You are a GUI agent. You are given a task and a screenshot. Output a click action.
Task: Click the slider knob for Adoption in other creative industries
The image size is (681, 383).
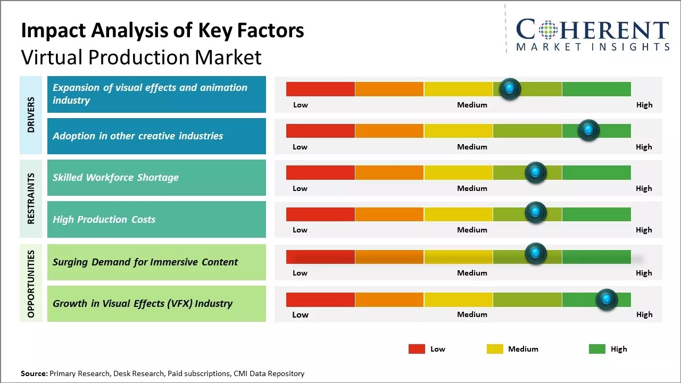(588, 130)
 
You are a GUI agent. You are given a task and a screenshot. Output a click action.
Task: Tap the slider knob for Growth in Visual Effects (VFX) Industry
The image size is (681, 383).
(606, 299)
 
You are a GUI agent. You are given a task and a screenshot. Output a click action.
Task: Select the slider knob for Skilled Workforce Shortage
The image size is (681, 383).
(536, 172)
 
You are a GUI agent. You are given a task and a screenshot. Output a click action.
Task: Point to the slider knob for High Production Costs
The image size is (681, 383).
(536, 213)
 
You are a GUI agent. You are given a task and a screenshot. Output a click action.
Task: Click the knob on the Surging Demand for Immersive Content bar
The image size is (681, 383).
(536, 254)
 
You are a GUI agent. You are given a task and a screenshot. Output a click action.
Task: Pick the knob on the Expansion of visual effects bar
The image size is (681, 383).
(510, 89)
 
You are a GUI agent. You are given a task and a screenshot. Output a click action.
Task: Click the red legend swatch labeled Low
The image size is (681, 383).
(417, 349)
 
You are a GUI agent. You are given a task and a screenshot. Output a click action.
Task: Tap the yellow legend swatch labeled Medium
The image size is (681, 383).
(495, 349)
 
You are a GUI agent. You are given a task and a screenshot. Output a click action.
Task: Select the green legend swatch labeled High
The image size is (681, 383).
(597, 349)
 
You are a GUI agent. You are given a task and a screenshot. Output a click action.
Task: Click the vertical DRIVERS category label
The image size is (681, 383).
(31, 115)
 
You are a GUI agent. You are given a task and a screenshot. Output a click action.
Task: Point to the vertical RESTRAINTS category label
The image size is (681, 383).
(31, 198)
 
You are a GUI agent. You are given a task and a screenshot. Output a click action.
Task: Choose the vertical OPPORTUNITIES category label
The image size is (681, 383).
(31, 284)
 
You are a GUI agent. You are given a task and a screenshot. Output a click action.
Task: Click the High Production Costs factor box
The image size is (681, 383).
(156, 219)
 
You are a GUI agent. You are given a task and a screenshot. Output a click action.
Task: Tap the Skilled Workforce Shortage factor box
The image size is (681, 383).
(156, 178)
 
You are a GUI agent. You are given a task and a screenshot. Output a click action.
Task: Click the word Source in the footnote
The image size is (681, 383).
(34, 373)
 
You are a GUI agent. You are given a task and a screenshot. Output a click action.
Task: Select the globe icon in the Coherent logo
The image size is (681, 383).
(548, 30)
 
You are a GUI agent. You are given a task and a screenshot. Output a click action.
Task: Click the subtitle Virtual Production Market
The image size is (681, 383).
(141, 57)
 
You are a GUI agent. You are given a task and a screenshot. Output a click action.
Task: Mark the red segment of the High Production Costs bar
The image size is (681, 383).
(320, 214)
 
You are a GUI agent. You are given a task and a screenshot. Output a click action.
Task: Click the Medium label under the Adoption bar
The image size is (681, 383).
(472, 147)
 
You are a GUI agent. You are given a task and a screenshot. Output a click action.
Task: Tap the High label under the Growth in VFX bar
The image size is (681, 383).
(644, 314)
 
